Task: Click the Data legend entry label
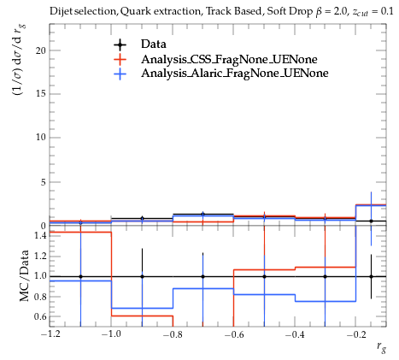(154, 44)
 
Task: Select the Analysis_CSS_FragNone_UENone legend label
(229, 59)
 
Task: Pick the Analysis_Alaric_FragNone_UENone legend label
(235, 74)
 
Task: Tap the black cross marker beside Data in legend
(120, 44)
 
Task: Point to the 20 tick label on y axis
(40, 50)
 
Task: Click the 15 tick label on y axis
(40, 94)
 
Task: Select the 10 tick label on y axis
(40, 138)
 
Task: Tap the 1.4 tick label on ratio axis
(40, 235)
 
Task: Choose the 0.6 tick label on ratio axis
(40, 316)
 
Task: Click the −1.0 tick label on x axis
(111, 334)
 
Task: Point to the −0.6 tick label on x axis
(233, 334)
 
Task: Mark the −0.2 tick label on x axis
(356, 334)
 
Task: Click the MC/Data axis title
(24, 275)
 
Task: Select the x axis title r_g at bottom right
(381, 347)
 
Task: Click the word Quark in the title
(132, 11)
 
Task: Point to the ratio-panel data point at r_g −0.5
(264, 276)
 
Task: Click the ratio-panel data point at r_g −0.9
(142, 276)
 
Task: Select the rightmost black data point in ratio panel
(371, 276)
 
